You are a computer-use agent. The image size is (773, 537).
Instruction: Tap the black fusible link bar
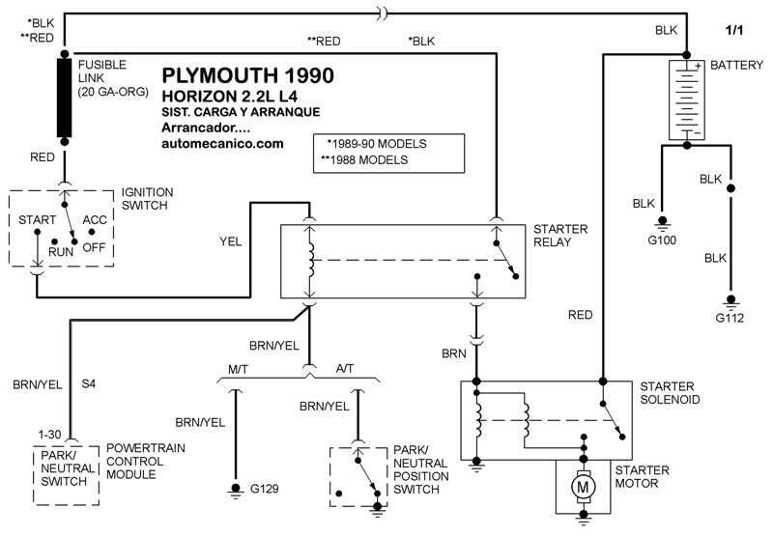pyautogui.click(x=66, y=99)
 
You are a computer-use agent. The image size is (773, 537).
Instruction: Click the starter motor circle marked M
pyautogui.click(x=584, y=488)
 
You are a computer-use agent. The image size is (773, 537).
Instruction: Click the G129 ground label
pyautogui.click(x=264, y=490)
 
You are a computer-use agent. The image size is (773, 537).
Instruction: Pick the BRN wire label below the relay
pyautogui.click(x=455, y=353)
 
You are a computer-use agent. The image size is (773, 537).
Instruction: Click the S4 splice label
pyautogui.click(x=88, y=383)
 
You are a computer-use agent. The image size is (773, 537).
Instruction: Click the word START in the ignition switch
pyautogui.click(x=37, y=220)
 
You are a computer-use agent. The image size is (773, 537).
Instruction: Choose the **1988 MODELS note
pyautogui.click(x=368, y=159)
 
